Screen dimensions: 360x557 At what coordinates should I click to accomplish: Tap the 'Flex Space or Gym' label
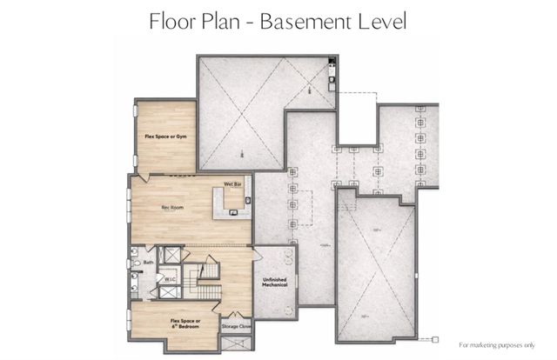point(163,137)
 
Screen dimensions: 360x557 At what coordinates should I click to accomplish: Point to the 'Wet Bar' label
point(232,184)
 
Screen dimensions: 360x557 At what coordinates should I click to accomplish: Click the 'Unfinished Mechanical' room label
point(275,283)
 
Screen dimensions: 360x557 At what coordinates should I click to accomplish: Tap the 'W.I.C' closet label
point(171,279)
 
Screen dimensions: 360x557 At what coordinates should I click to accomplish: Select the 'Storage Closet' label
point(236,326)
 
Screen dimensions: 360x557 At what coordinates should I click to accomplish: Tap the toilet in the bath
point(136,263)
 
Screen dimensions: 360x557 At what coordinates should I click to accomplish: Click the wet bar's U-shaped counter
point(233,200)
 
